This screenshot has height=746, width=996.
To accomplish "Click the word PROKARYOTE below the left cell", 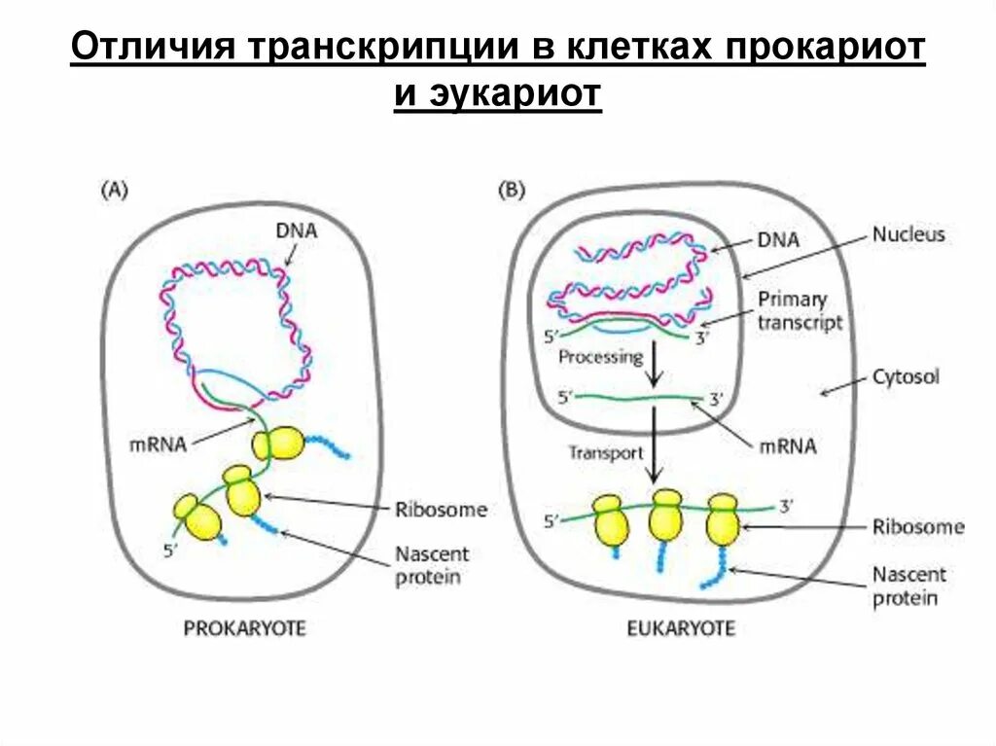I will (244, 628).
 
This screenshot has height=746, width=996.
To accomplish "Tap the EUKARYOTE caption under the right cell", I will (680, 628).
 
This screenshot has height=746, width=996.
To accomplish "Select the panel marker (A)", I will (115, 191).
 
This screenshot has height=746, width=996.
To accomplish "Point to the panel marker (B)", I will (511, 191).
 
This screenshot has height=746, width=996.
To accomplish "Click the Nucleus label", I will (908, 234).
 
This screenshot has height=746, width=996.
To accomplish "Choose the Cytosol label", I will (906, 376).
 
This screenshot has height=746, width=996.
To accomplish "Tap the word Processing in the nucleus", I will (600, 356).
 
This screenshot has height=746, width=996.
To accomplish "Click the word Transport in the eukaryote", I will (605, 452).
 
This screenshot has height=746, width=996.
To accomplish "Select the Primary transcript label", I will (800, 311).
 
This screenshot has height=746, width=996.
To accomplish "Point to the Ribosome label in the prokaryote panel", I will (441, 510).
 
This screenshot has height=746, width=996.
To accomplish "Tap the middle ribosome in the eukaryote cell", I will (667, 518).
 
